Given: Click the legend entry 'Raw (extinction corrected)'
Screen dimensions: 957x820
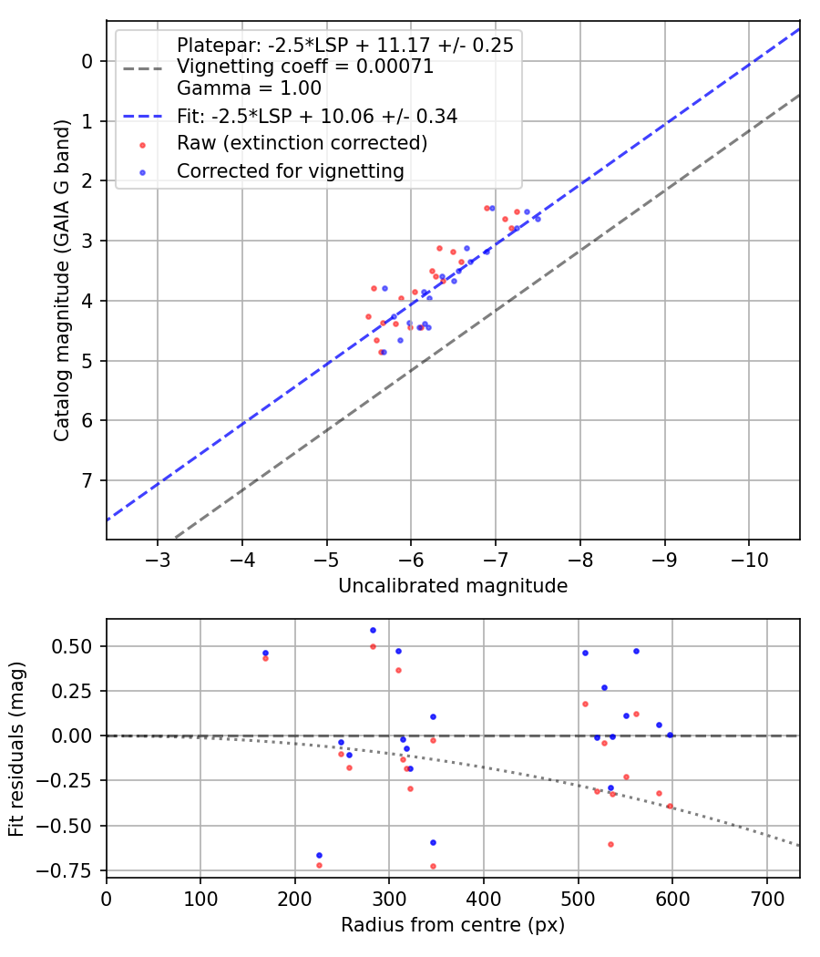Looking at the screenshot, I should tap(302, 143).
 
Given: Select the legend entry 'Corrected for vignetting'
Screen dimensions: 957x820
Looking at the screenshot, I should tap(290, 170).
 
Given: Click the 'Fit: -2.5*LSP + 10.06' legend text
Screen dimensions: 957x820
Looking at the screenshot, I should tap(316, 116).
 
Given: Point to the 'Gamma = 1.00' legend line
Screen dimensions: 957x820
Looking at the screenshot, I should tap(249, 88).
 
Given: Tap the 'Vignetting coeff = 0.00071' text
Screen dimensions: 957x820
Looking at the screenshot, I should tap(305, 67).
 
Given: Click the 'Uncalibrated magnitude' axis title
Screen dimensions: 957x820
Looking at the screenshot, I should tap(453, 586).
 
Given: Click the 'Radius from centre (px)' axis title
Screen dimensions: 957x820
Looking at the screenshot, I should tap(453, 925).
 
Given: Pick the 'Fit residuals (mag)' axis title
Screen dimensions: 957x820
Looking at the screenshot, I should tap(16, 747).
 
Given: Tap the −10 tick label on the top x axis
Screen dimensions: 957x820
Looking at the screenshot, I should tap(749, 557).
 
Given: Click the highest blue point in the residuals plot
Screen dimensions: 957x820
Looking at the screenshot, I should tap(373, 630).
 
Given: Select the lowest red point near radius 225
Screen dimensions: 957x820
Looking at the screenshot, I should tap(319, 865).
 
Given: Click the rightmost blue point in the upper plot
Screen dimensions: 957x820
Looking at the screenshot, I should tap(538, 219).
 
